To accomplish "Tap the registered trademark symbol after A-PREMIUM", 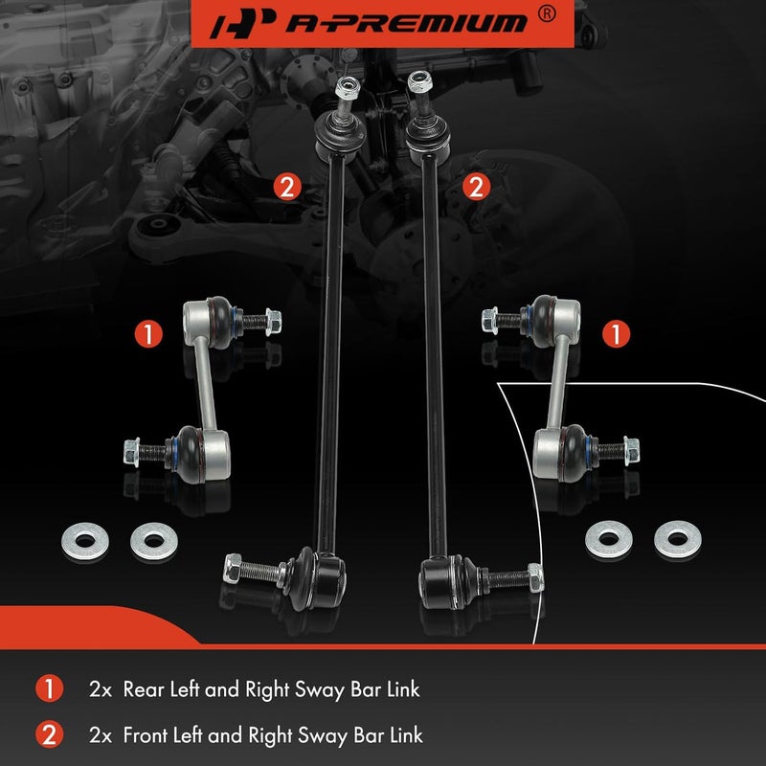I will click(x=547, y=14).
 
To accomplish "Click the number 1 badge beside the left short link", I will click(x=146, y=333).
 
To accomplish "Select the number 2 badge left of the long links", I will click(x=284, y=186).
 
